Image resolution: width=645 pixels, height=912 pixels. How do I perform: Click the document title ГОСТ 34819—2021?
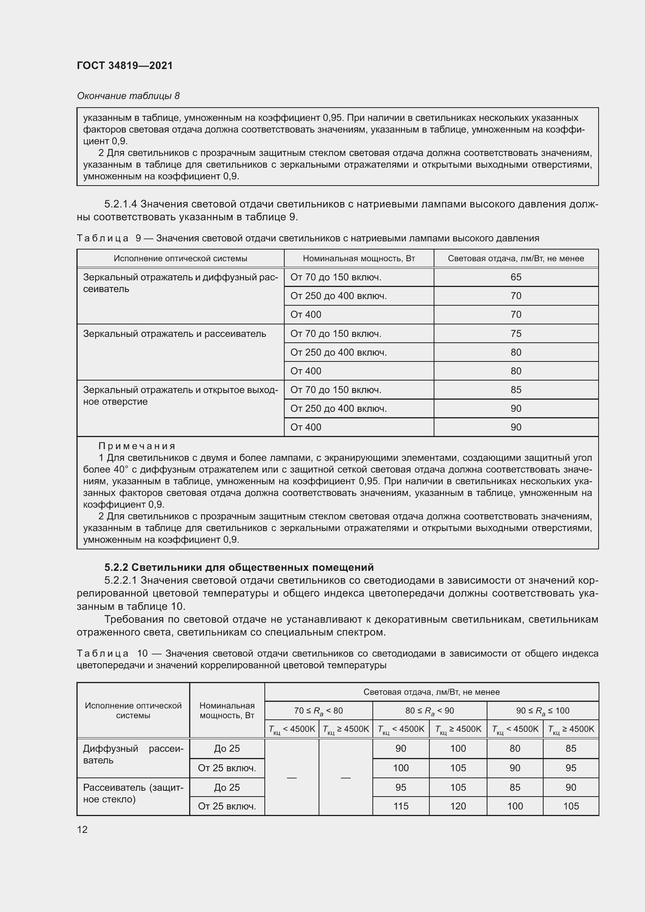pos(125,66)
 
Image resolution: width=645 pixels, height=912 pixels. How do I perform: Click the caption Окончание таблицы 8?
pos(128,96)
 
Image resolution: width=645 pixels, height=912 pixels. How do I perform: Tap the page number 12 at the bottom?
pos(82,829)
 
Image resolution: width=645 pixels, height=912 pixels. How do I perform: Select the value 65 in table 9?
pos(516,277)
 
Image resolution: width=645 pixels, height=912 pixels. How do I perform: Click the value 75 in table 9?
pos(516,334)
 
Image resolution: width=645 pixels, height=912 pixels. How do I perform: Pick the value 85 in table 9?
pos(516,390)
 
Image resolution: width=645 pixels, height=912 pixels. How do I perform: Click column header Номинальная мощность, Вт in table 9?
pos(359,259)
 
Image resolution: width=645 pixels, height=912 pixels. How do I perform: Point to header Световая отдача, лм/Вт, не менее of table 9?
pos(516,259)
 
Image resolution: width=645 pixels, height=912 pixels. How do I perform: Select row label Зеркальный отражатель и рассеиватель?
pos(174,334)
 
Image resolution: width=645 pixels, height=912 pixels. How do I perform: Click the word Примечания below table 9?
pos(136,446)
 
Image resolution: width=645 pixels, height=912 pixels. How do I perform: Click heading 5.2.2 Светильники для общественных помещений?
pos(239,567)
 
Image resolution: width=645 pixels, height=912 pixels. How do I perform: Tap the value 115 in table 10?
pos(400,806)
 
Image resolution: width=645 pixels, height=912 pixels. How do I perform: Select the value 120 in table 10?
pos(457,806)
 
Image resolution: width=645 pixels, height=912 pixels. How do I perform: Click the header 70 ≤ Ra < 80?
pos(318,711)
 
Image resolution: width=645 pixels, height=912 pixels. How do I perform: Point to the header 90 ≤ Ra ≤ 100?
pos(542,711)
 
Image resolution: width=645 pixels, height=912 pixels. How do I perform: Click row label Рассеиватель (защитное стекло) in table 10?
pos(133,793)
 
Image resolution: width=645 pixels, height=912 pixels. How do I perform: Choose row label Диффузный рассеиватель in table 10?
pos(133,754)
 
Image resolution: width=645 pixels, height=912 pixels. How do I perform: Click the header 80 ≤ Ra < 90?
pos(429,711)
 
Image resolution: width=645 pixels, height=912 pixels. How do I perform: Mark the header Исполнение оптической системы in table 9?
pos(180,259)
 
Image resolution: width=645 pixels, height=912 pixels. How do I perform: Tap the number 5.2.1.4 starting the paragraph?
pos(120,204)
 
